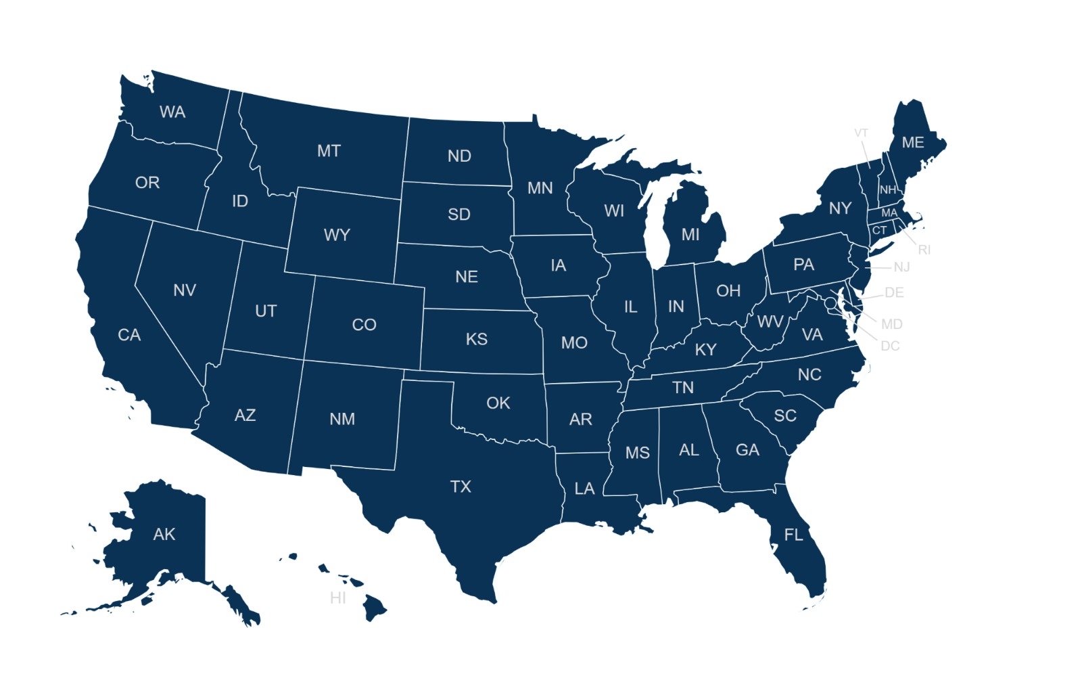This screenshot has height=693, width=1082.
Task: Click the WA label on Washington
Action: tap(172, 112)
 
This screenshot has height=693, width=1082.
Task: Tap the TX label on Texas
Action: tap(461, 487)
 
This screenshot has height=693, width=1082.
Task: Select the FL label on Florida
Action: tap(793, 535)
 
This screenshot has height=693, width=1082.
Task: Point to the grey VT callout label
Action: tap(861, 133)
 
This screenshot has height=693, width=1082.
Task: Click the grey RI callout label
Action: tap(924, 250)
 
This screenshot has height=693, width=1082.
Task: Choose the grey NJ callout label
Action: tap(901, 267)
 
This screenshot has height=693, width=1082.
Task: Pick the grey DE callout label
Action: tap(894, 292)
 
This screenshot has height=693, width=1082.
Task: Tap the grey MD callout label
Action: tap(891, 324)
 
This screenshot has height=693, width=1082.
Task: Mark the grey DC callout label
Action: tap(890, 346)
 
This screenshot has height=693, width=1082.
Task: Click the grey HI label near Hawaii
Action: tap(338, 598)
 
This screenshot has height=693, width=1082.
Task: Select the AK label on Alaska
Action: tap(164, 534)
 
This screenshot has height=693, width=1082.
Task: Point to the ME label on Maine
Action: tap(913, 142)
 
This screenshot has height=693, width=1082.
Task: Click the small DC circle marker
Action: tap(830, 303)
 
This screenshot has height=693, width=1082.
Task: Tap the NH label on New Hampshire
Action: tap(888, 189)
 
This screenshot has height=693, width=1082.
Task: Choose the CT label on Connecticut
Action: tap(879, 230)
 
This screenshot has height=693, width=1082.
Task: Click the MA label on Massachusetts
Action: tap(889, 213)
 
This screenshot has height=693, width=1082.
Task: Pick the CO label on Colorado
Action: tap(364, 325)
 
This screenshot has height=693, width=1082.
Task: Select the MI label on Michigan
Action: tap(690, 234)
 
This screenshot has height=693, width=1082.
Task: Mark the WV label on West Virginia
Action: tap(770, 321)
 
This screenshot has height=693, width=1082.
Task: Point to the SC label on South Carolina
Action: tap(785, 416)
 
